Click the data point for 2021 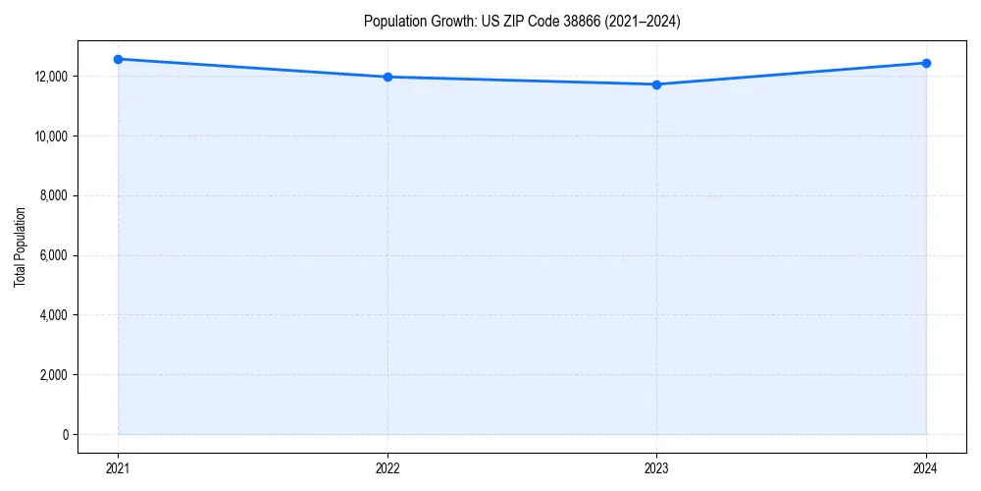click(118, 59)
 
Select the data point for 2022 click(387, 77)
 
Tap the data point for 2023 click(656, 84)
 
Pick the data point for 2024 click(926, 63)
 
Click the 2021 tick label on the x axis click(118, 467)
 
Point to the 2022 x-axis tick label click(387, 467)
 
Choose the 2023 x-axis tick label click(656, 467)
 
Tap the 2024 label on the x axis click(926, 467)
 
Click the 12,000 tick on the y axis click(48, 77)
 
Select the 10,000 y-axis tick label click(48, 136)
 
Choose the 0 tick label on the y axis click(64, 435)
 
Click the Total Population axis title click(20, 246)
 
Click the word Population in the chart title click(391, 22)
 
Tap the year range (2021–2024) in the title click(644, 22)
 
